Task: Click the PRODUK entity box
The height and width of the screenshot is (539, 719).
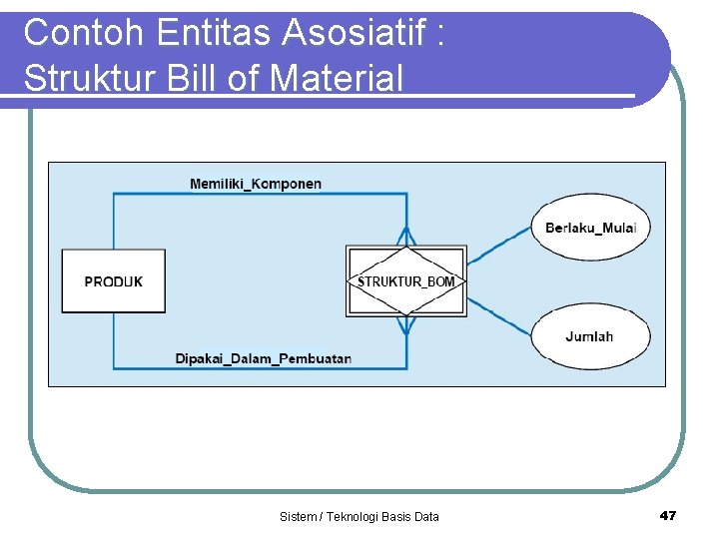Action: [x=113, y=281]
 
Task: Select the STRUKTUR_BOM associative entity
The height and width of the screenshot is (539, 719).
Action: [x=405, y=281]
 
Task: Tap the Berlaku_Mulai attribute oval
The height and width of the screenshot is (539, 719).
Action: [x=590, y=228]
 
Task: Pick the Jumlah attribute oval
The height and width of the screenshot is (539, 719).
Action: [x=589, y=336]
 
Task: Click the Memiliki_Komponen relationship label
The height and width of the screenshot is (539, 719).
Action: [x=256, y=184]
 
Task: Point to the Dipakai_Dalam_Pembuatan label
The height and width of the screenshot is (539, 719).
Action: [x=263, y=358]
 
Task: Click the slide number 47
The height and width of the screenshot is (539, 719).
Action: [x=668, y=515]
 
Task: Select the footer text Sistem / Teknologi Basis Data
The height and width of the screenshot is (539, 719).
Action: [x=359, y=516]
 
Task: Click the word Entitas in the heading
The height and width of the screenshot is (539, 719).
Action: [x=213, y=33]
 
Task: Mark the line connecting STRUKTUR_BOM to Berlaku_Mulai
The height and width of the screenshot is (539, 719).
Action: [x=499, y=246]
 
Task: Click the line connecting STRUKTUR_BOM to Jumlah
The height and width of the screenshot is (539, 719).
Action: [x=499, y=317]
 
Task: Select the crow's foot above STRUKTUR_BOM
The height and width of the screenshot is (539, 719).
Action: [x=406, y=236]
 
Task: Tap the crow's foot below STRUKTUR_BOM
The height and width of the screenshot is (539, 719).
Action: [x=406, y=326]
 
